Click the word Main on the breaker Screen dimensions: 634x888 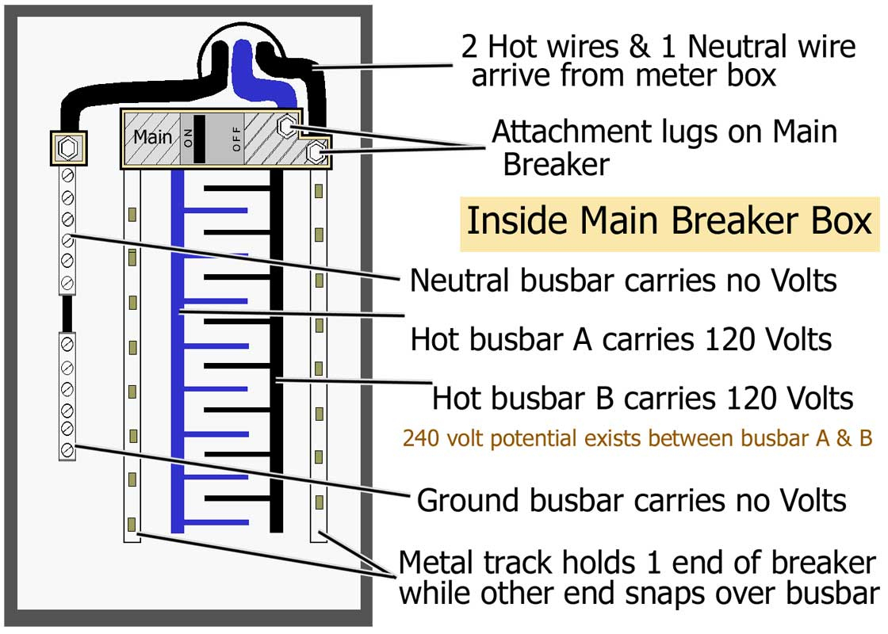pos(152,137)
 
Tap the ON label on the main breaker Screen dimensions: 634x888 pos(187,138)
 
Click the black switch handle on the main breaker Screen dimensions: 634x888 pos(199,138)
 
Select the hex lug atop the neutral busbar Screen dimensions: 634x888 pos(67,147)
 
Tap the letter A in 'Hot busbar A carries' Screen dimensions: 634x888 pos(585,339)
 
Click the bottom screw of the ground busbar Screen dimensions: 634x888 pos(67,450)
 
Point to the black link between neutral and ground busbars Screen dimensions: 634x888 pos(67,314)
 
